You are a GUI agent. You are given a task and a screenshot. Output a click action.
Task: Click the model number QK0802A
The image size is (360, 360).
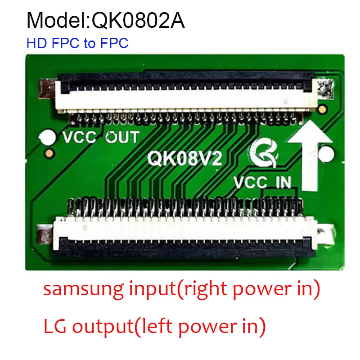coord(139,21)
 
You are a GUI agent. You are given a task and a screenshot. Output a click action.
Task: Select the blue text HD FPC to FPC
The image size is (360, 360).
coord(77,44)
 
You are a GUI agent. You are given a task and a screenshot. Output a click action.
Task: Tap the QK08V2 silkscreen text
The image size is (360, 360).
coord(185,158)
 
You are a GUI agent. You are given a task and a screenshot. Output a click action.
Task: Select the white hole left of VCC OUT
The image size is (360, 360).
coord(47,137)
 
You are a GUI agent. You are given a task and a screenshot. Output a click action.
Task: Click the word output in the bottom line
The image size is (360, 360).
coord(99,326)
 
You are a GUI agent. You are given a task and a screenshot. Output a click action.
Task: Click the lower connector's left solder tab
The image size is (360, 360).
coord(45,235)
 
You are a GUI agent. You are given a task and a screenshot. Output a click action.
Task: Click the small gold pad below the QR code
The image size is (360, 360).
coord(321,109)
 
